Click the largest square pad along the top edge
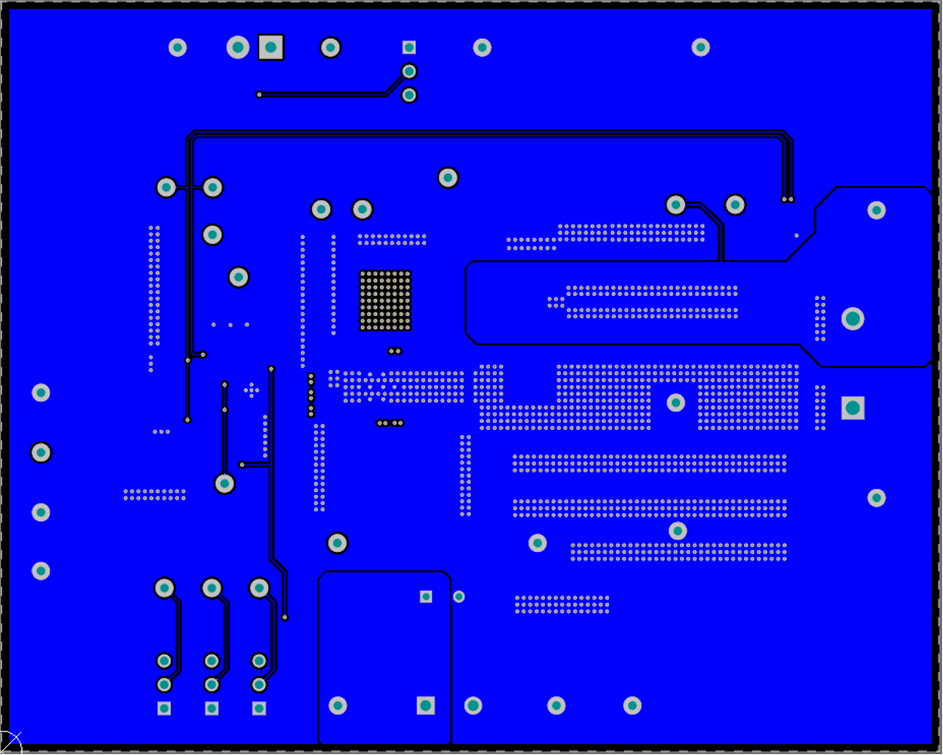coord(271,48)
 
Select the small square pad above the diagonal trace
coord(409,48)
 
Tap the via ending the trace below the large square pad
coord(259,95)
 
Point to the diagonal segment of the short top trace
coord(397,83)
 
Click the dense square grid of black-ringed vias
coord(385,301)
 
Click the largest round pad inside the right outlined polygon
coord(852,319)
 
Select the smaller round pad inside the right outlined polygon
coord(877,210)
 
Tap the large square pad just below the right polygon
coord(852,408)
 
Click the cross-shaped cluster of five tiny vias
coord(251,390)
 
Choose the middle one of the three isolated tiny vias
coord(230,325)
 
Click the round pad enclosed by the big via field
coord(676,403)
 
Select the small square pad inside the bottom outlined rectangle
coord(426,597)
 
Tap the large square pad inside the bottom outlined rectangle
coord(425,706)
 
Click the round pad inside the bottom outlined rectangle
coord(337,706)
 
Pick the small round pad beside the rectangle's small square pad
coord(459,597)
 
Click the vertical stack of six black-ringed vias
coord(311,395)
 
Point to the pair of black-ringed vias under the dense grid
coord(394,351)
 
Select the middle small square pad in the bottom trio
coord(212,708)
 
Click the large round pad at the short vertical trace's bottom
coord(225,484)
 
